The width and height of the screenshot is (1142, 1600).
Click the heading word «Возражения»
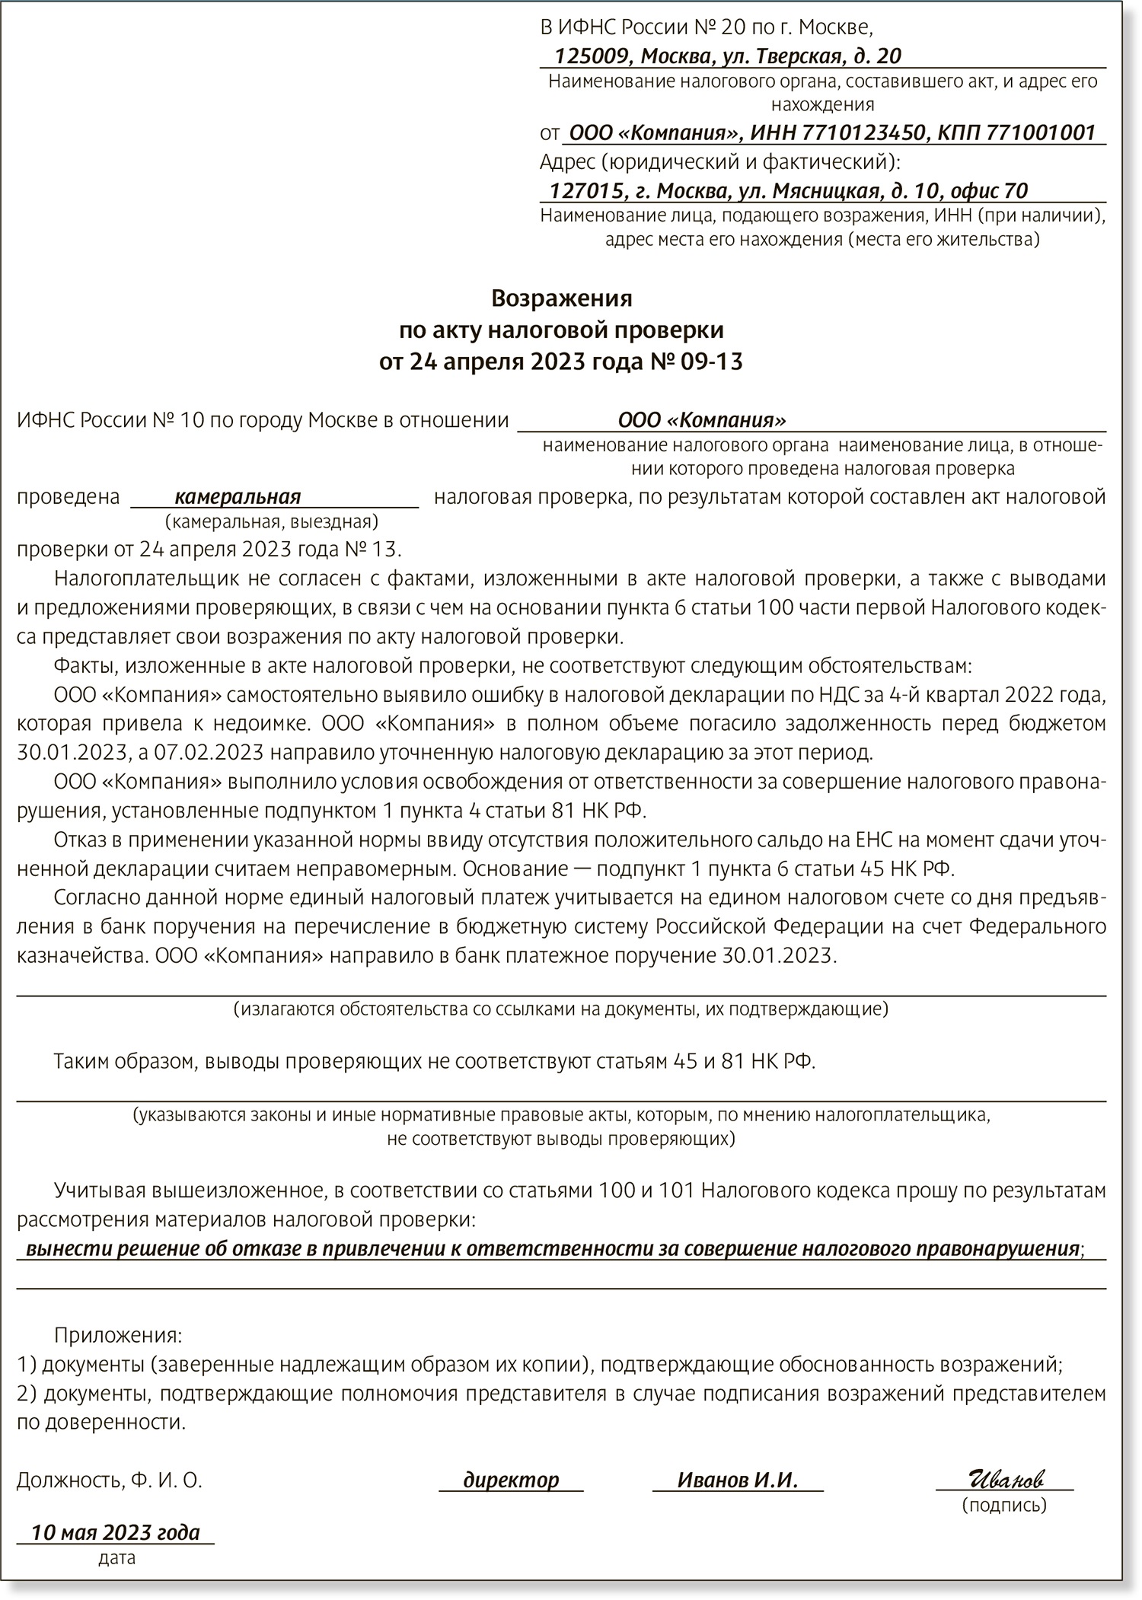click(x=561, y=298)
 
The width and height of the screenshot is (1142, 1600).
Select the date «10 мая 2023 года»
click(x=116, y=1531)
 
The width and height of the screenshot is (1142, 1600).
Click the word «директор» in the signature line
click(x=512, y=1480)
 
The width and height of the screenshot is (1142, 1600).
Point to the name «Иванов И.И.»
click(x=737, y=1480)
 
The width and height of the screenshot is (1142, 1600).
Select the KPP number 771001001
click(x=1041, y=132)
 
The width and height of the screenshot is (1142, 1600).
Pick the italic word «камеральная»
click(x=238, y=497)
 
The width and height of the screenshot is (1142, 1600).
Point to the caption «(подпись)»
click(x=1003, y=1505)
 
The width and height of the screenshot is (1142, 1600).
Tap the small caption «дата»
click(x=116, y=1558)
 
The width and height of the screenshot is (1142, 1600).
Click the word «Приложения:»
click(x=118, y=1335)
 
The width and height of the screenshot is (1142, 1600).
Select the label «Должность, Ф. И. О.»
click(x=110, y=1480)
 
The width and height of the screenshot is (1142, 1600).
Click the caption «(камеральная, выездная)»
click(x=271, y=522)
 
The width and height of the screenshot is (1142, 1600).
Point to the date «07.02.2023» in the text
click(x=209, y=753)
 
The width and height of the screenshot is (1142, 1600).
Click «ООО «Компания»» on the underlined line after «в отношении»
click(x=702, y=420)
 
